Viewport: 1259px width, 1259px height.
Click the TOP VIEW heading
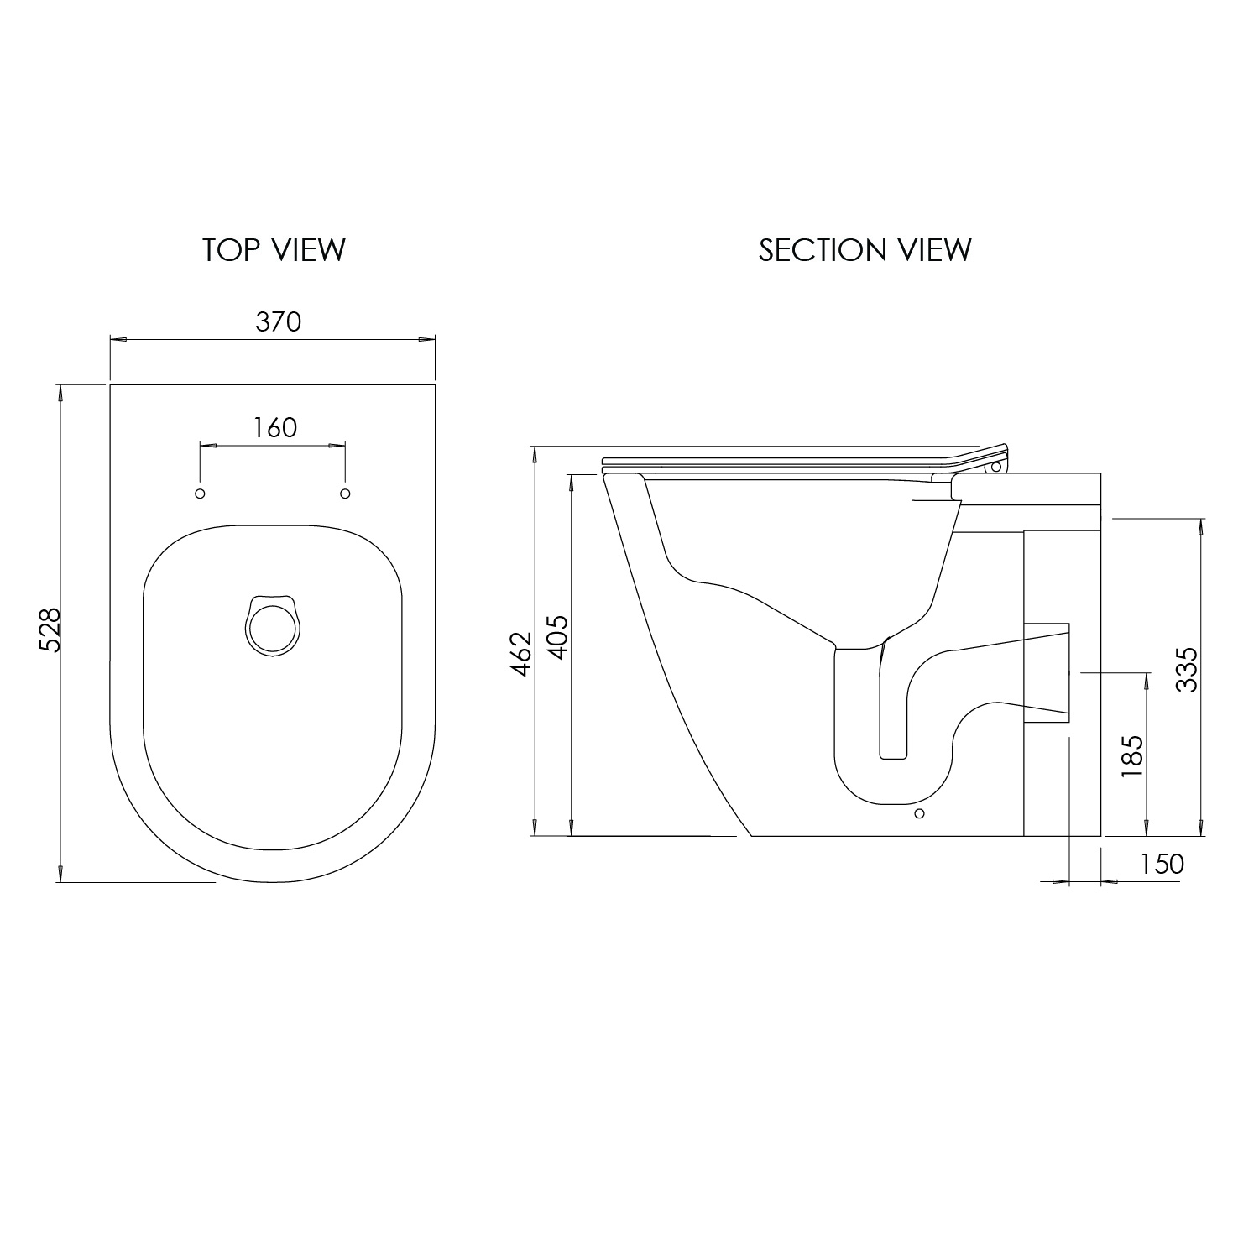(274, 250)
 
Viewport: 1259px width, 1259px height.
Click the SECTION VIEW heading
(865, 250)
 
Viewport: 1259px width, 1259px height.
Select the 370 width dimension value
(278, 321)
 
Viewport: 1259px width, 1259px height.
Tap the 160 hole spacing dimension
(275, 427)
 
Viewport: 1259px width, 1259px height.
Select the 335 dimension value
(1186, 669)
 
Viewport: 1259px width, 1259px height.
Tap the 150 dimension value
(1162, 864)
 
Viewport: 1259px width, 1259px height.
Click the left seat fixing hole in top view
(200, 493)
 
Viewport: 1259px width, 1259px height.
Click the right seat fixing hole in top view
(344, 493)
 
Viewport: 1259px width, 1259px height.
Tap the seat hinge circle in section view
(996, 467)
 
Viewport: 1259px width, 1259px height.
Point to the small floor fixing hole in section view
(919, 813)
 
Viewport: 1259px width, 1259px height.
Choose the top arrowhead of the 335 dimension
(1202, 525)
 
